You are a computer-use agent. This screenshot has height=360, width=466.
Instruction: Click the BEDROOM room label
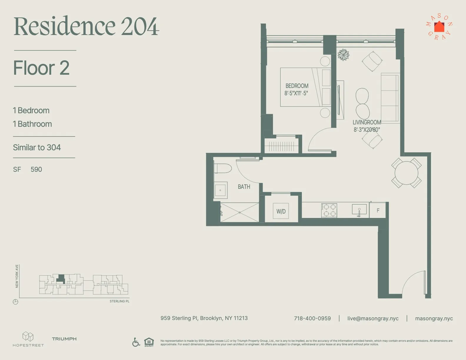(x=297, y=86)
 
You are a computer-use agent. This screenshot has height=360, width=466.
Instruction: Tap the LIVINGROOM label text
(x=367, y=122)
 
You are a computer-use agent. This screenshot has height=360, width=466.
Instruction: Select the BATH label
(x=244, y=187)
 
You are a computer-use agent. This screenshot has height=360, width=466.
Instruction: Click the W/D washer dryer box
(x=281, y=211)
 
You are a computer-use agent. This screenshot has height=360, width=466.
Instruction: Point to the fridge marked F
(x=378, y=210)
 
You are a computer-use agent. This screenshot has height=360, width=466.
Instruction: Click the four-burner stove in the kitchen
(x=329, y=210)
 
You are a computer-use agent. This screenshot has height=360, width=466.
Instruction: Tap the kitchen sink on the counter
(x=359, y=209)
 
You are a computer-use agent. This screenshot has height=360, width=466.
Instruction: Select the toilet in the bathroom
(x=222, y=169)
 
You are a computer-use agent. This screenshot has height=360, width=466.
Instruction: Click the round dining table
(x=406, y=173)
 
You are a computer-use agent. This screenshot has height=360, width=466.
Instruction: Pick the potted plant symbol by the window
(x=343, y=55)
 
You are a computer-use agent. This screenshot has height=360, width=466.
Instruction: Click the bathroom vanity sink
(x=220, y=190)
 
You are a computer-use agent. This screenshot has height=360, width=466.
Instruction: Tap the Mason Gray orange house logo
(x=439, y=27)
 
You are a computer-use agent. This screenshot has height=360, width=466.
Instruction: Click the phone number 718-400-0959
(x=312, y=319)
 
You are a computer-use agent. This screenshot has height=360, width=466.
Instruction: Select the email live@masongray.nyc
(x=373, y=319)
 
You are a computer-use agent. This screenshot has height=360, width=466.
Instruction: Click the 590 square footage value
(x=36, y=169)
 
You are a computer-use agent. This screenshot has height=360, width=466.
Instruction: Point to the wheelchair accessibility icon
(x=136, y=342)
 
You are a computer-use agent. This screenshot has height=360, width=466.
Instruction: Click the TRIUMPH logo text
(x=64, y=339)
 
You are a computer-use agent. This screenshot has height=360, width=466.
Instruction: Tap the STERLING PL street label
(x=119, y=301)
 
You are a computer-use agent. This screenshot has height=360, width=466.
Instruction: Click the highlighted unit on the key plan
(x=61, y=278)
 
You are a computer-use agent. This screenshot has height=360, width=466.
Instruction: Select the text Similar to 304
(x=37, y=147)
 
